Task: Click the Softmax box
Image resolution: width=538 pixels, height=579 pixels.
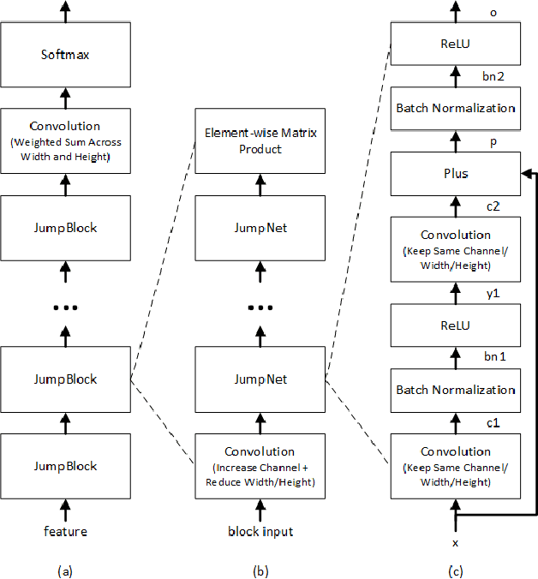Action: point(66,55)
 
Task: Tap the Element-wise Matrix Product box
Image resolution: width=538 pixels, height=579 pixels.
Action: point(260,140)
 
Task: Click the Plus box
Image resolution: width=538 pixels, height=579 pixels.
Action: point(455,173)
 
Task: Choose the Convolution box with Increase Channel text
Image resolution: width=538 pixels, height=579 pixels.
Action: point(260,465)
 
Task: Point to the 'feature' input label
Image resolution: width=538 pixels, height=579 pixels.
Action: point(66,531)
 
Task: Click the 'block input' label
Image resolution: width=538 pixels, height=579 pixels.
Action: point(260,531)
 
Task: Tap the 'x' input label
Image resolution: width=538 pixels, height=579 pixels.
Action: point(455,543)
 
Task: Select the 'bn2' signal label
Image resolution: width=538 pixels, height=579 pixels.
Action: point(493,76)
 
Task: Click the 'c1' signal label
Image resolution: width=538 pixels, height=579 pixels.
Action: point(493,421)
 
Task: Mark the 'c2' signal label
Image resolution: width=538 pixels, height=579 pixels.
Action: point(493,206)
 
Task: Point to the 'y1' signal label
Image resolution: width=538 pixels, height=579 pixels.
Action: point(493,294)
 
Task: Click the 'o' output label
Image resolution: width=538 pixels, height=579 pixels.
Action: point(493,13)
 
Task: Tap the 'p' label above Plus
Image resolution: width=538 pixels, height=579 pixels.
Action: point(493,141)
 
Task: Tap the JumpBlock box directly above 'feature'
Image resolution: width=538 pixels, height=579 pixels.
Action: point(66,466)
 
